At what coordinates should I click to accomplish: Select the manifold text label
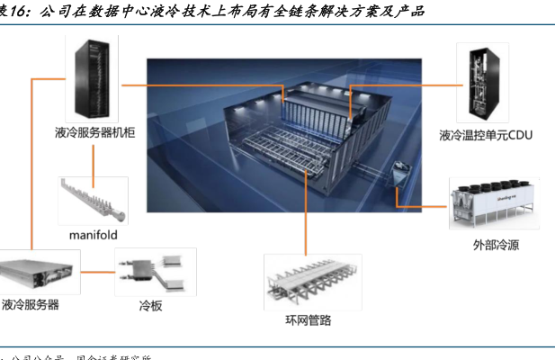coord(93,235)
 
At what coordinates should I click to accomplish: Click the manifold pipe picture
coord(93,200)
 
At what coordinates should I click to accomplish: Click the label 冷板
coord(150,306)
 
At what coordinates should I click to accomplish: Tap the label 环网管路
coord(309,321)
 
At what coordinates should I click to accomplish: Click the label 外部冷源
coord(496,244)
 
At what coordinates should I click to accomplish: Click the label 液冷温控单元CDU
coord(486,136)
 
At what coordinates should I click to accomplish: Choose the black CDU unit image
coord(484,82)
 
